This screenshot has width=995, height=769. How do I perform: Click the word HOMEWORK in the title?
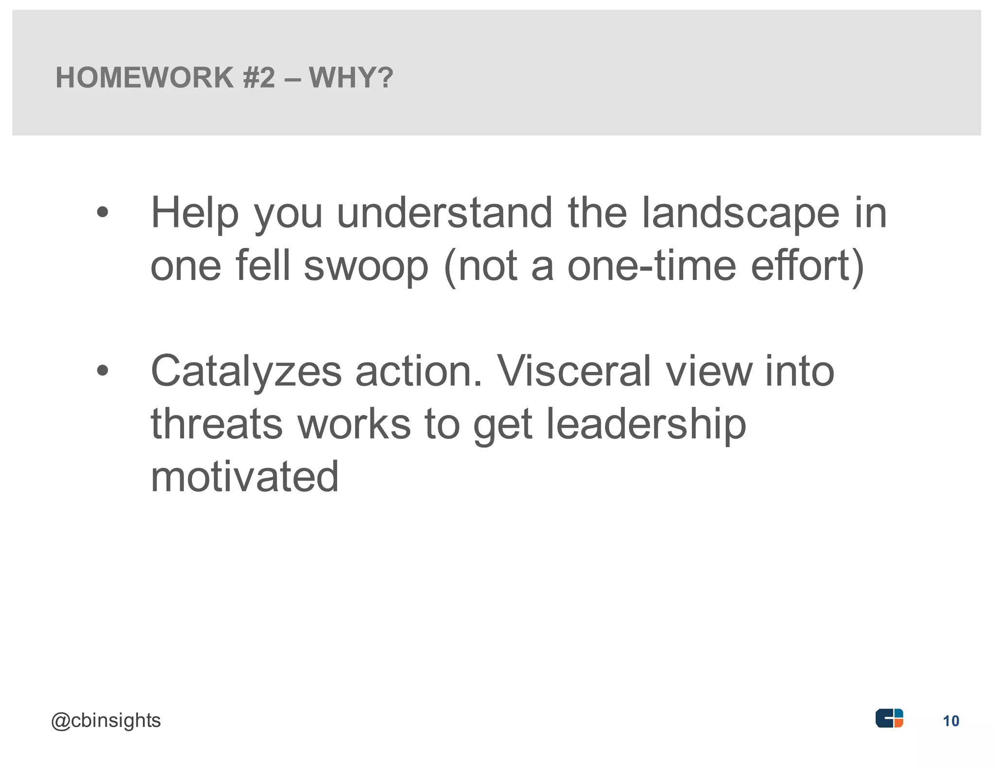click(145, 78)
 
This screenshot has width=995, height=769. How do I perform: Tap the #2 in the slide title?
click(259, 78)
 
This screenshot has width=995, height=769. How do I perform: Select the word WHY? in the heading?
click(351, 78)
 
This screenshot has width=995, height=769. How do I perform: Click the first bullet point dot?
click(102, 212)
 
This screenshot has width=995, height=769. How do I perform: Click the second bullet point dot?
click(102, 371)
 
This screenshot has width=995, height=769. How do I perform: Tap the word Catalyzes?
click(246, 372)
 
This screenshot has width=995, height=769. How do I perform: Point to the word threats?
click(217, 424)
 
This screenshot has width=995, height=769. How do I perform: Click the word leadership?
click(646, 424)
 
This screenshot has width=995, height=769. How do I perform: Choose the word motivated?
click(244, 477)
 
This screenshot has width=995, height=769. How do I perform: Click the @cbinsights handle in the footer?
click(106, 720)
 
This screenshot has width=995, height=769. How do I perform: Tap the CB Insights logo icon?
click(889, 718)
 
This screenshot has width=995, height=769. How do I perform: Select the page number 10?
click(951, 721)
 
